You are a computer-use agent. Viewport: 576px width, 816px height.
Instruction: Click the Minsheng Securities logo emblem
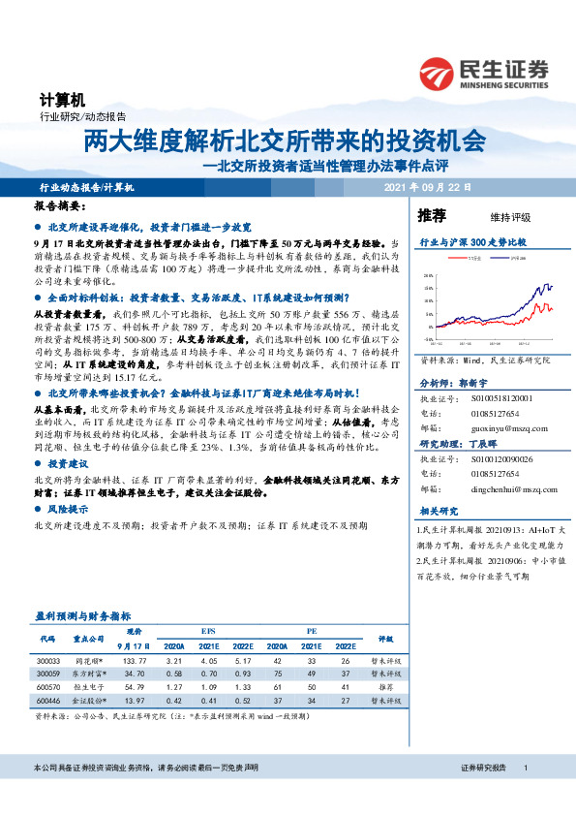440,71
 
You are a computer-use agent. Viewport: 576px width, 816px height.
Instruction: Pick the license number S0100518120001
504,397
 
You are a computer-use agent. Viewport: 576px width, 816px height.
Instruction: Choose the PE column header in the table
312,631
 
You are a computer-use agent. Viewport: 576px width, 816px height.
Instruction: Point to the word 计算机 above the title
63,100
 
